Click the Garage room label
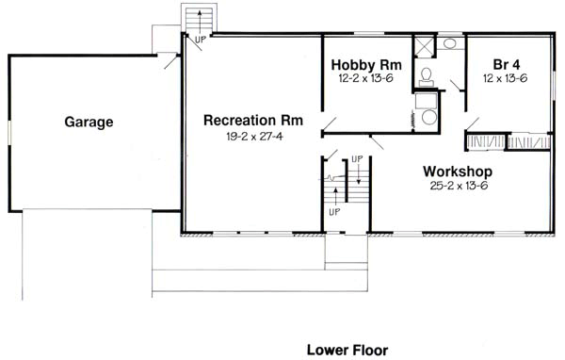89,122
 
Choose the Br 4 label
508,64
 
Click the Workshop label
458,172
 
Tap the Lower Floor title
347,349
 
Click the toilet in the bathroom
426,74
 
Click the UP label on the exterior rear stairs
201,39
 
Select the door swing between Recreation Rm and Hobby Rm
330,124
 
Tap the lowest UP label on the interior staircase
334,212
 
